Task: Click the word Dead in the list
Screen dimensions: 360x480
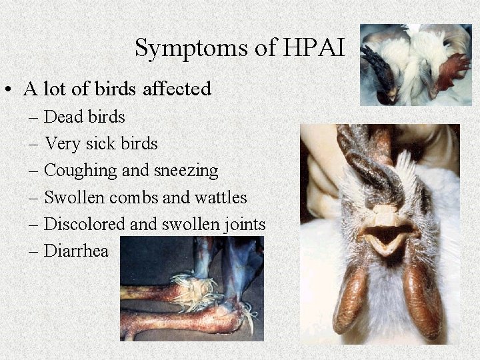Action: (58, 117)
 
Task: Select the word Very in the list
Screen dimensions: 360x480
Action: (59, 144)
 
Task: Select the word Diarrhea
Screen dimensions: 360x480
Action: (75, 251)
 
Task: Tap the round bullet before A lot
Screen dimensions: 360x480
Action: (10, 89)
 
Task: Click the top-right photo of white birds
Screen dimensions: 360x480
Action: (415, 65)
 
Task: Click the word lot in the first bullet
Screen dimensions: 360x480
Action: (60, 89)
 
